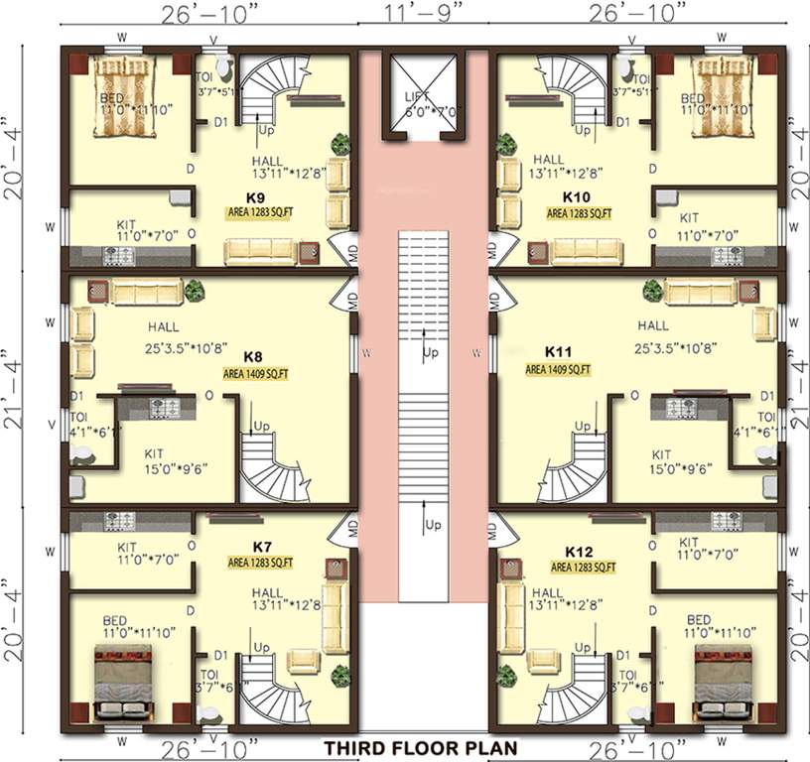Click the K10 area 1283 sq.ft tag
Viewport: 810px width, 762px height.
(x=579, y=212)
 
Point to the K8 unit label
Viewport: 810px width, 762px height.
(x=253, y=355)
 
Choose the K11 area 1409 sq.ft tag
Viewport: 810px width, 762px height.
(x=558, y=368)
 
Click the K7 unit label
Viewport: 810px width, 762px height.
(x=263, y=548)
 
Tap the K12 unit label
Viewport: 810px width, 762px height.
(x=579, y=551)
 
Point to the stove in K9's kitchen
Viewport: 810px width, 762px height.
(x=119, y=256)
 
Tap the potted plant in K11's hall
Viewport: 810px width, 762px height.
(x=652, y=291)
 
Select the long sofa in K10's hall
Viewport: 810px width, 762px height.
(x=596, y=250)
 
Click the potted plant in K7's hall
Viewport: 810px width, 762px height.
(x=340, y=676)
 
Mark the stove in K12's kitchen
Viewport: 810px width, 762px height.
(x=726, y=521)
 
